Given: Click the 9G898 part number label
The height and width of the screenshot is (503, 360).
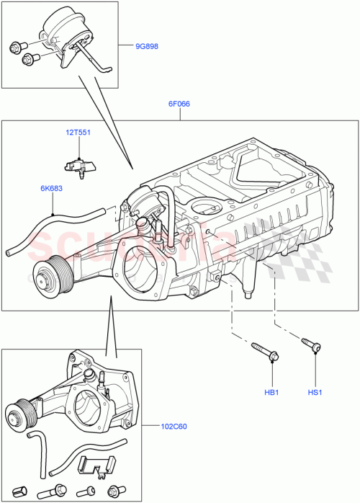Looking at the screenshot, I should click(148, 47).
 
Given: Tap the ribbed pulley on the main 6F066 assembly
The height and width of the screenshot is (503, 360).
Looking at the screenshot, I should click(48, 276).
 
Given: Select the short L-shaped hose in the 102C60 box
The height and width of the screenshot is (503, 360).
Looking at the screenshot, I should click(35, 442).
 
